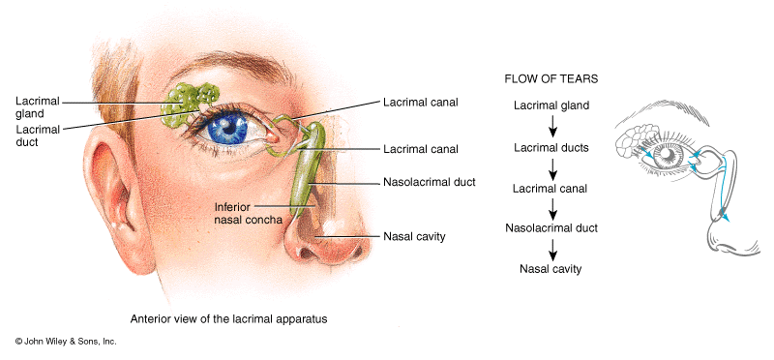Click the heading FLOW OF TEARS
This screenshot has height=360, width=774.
[550, 77]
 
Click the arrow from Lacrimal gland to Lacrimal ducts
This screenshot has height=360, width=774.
[551, 125]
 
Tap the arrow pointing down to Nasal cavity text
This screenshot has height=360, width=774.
[551, 249]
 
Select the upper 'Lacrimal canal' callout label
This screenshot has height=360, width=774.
[419, 100]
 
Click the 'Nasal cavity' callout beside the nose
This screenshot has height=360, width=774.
[414, 236]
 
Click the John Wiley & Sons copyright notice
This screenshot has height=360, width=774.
[66, 342]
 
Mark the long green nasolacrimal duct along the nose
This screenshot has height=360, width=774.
[305, 179]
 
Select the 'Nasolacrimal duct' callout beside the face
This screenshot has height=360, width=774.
[430, 182]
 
